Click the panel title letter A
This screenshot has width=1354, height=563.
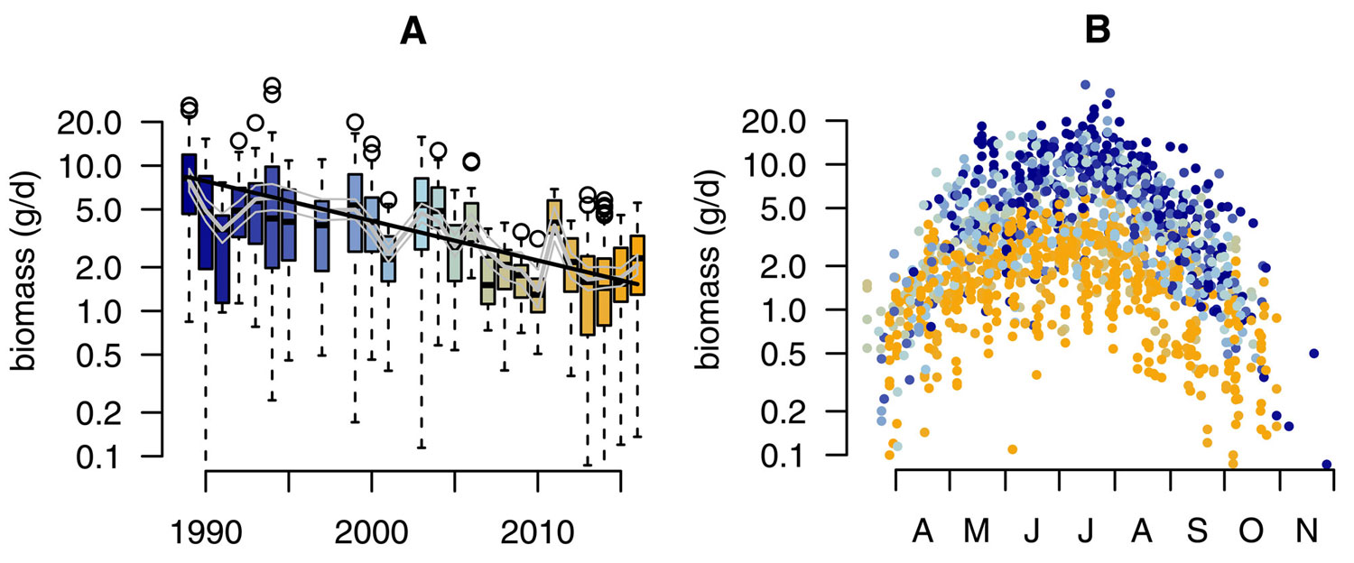(413, 32)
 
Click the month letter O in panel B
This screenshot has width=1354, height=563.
(1251, 532)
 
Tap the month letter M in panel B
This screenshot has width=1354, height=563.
(977, 532)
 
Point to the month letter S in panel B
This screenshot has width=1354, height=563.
(1197, 532)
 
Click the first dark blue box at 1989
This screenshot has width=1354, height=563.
(189, 184)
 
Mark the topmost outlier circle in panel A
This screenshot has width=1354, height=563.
(272, 86)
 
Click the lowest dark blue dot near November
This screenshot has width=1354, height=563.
(1326, 465)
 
